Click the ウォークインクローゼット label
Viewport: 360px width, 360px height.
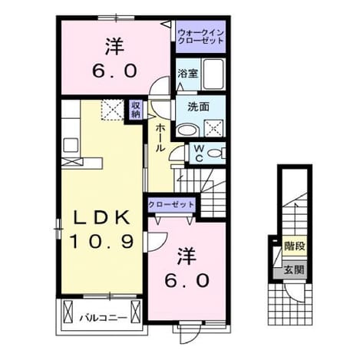pyautogui.click(x=200, y=37)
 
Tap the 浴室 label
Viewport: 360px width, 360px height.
pyautogui.click(x=188, y=74)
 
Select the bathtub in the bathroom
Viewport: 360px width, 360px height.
pyautogui.click(x=213, y=74)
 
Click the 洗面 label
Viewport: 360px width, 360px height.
pyautogui.click(x=198, y=107)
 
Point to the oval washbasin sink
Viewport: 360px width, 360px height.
pyautogui.click(x=187, y=130)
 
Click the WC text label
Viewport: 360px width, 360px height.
pyautogui.click(x=199, y=154)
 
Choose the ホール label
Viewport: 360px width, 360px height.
pyautogui.click(x=160, y=137)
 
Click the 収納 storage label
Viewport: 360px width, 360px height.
pyautogui.click(x=136, y=110)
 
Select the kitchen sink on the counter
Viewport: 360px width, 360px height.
pyautogui.click(x=71, y=145)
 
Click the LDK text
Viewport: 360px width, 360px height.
pyautogui.click(x=101, y=218)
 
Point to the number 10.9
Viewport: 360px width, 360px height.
pyautogui.click(x=101, y=241)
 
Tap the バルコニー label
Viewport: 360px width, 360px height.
pyautogui.click(x=103, y=318)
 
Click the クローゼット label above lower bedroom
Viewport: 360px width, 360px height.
pyautogui.click(x=171, y=205)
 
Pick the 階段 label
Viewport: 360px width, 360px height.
pyautogui.click(x=295, y=246)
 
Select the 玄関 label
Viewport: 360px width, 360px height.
pyautogui.click(x=294, y=269)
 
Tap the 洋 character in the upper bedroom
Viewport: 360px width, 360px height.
pyautogui.click(x=114, y=47)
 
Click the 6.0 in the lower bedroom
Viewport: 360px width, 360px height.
pyautogui.click(x=187, y=280)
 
